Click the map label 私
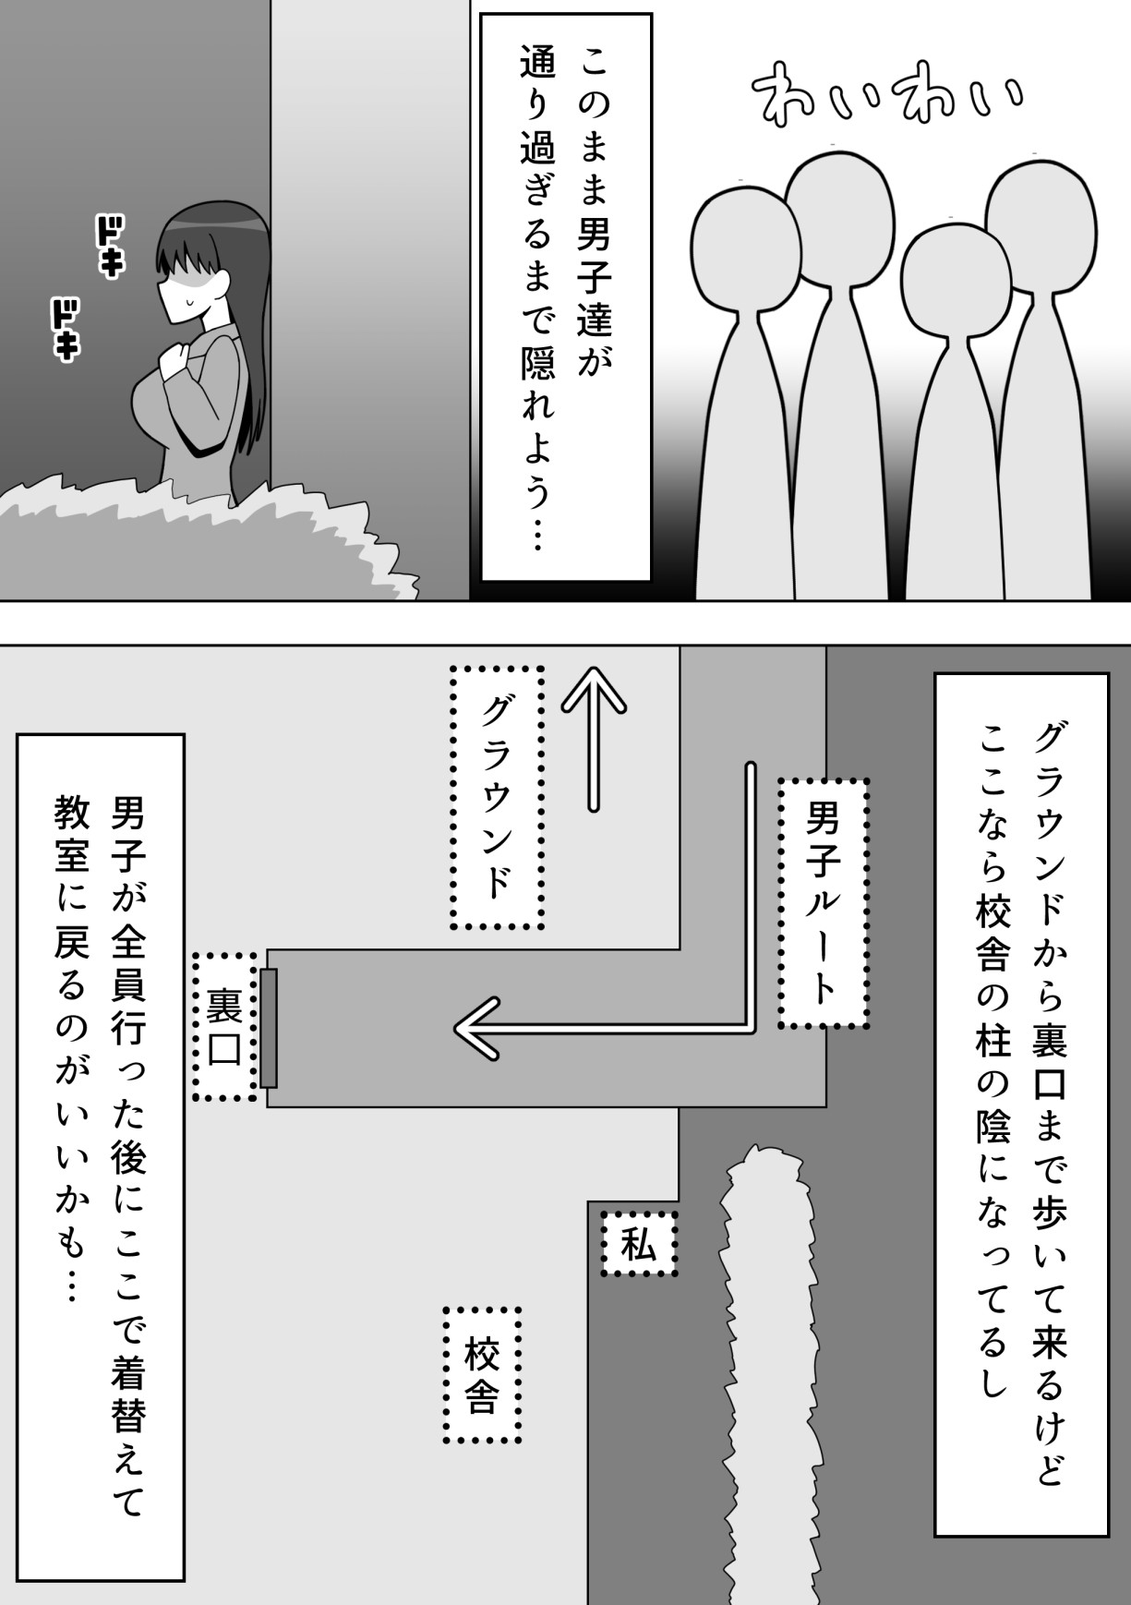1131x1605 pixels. point(639,1244)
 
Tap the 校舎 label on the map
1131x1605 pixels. point(481,1375)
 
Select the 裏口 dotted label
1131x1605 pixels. point(224,1026)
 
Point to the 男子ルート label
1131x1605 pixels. point(823,903)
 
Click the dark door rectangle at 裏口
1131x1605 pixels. point(269,1027)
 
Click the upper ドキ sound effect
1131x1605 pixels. point(110,246)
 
